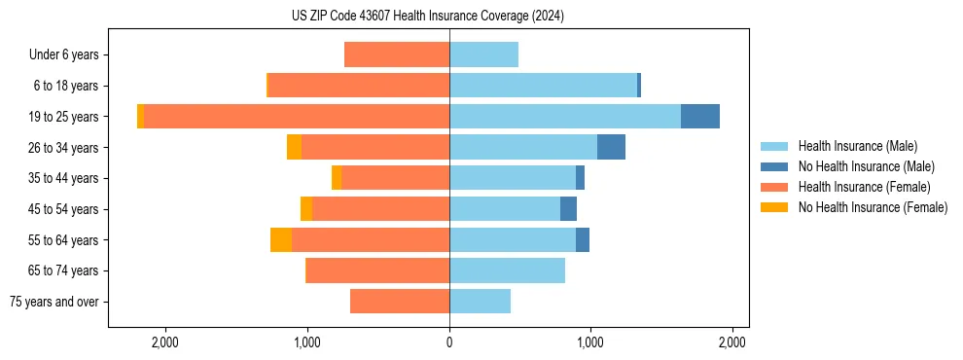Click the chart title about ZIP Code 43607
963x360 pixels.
point(427,17)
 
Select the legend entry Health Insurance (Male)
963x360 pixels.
point(857,146)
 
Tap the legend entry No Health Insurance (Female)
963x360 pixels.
point(873,207)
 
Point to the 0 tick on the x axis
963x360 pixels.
point(449,342)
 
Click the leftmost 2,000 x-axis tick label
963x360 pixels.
point(165,342)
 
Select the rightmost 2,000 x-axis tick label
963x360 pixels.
point(731,342)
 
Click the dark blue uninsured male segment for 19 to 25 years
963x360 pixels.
point(700,117)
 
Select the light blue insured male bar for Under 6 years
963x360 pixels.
point(483,54)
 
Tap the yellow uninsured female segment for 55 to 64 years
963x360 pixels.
point(281,240)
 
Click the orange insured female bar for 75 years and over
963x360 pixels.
point(400,302)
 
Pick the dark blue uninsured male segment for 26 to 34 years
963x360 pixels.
point(611,147)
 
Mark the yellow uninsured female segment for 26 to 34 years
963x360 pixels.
point(294,147)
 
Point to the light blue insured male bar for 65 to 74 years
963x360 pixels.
point(507,270)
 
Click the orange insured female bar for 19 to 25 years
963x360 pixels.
point(297,117)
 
